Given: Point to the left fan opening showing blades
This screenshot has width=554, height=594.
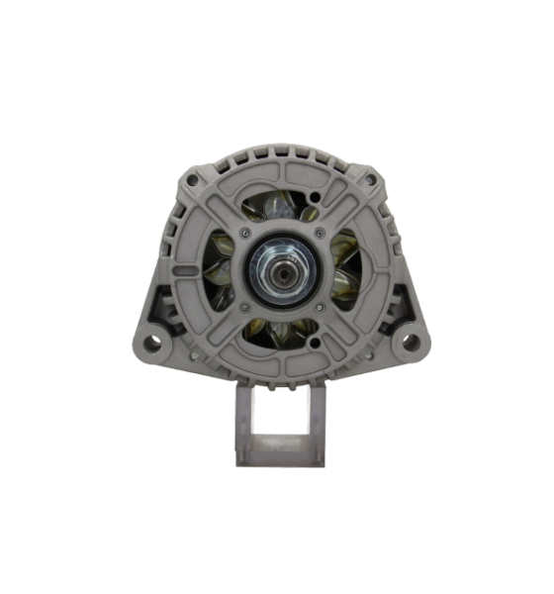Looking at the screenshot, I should pos(220,269).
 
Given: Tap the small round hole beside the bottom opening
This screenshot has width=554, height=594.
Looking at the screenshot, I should pos(315,342).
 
